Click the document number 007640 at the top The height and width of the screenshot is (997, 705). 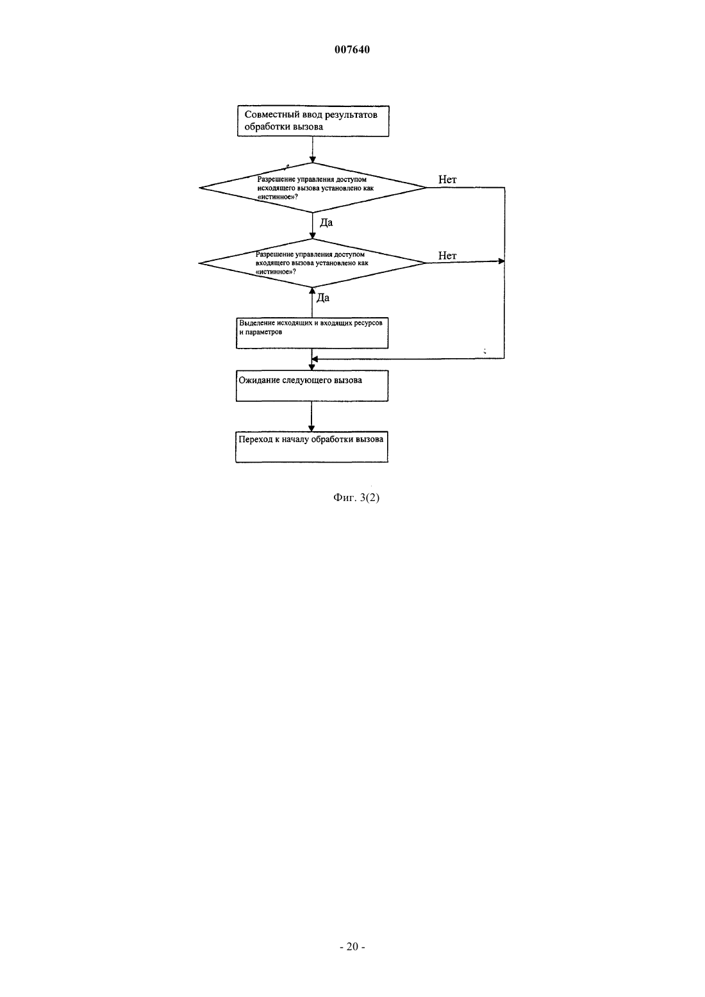[x=352, y=49]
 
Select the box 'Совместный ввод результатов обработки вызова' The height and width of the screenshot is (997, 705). [x=313, y=121]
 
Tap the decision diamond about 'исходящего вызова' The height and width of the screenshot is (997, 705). [x=313, y=187]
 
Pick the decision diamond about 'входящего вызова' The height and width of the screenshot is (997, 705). [x=312, y=263]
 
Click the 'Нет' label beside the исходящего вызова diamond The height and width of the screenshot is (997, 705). [x=447, y=179]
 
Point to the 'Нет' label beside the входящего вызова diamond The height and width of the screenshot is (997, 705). [x=447, y=256]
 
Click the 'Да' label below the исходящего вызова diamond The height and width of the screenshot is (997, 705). [x=326, y=222]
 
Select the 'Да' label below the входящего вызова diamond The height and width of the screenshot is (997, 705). [x=323, y=298]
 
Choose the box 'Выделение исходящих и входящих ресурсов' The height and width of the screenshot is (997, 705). [x=312, y=333]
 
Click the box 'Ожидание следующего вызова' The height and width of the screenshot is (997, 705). [x=312, y=386]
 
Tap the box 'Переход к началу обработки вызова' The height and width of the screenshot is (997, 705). [x=311, y=447]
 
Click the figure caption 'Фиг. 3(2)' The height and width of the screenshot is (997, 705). [x=356, y=498]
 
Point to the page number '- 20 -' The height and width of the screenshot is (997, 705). [x=352, y=947]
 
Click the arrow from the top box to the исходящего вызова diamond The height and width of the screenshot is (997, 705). [x=313, y=149]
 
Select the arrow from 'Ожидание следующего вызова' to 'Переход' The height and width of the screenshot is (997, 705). [x=311, y=416]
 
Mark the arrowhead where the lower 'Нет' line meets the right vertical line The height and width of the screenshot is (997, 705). [x=502, y=261]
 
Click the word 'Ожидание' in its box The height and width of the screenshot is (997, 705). [x=260, y=380]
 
